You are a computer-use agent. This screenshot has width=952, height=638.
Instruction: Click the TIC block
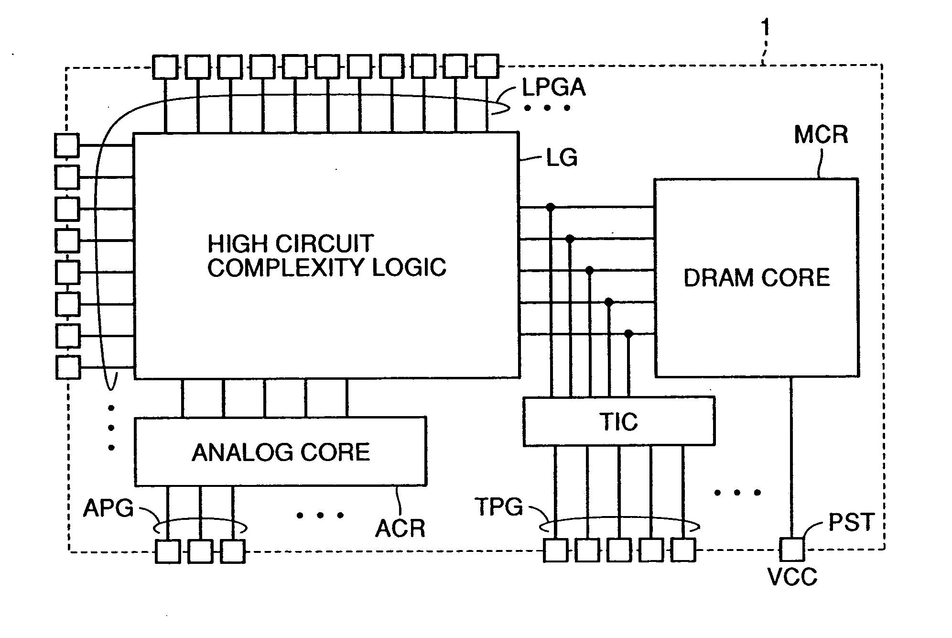click(x=618, y=421)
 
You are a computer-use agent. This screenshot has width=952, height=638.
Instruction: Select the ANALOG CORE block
click(x=280, y=451)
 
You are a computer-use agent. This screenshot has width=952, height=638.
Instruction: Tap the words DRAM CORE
click(x=757, y=278)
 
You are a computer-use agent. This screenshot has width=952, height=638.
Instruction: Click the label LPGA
click(x=553, y=88)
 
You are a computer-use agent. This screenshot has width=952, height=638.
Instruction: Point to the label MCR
click(x=821, y=135)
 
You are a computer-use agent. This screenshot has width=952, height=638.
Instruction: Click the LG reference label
click(x=562, y=158)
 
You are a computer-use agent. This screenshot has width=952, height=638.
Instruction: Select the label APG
click(x=108, y=508)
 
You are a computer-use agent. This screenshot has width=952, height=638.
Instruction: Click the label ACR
click(x=400, y=528)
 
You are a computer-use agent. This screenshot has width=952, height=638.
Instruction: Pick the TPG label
click(x=498, y=506)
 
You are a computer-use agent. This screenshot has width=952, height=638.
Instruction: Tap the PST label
click(x=851, y=522)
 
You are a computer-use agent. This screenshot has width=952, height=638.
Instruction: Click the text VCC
click(x=792, y=577)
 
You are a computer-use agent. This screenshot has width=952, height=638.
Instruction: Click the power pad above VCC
click(x=792, y=549)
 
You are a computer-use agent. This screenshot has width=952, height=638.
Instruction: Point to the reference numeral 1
click(x=765, y=27)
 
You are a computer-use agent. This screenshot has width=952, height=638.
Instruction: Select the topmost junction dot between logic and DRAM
click(x=551, y=207)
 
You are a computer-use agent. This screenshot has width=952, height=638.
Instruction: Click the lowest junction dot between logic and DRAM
click(x=628, y=333)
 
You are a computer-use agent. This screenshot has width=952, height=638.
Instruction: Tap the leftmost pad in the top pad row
click(x=165, y=66)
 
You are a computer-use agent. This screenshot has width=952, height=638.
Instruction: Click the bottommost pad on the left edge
click(x=67, y=367)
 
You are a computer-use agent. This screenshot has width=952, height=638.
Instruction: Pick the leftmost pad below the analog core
click(x=168, y=551)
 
